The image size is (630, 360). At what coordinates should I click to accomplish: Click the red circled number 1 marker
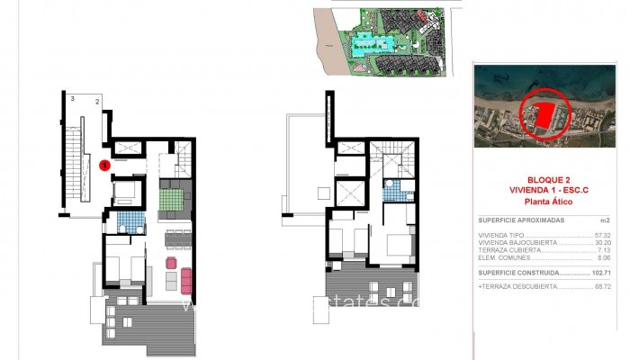click(x=104, y=165)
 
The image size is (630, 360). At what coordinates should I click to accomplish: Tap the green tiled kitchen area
click(x=171, y=201)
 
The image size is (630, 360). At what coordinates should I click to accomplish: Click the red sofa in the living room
click(x=187, y=281)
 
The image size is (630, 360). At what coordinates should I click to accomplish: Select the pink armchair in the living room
click(x=171, y=263)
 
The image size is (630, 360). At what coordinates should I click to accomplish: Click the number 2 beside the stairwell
click(x=96, y=103)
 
